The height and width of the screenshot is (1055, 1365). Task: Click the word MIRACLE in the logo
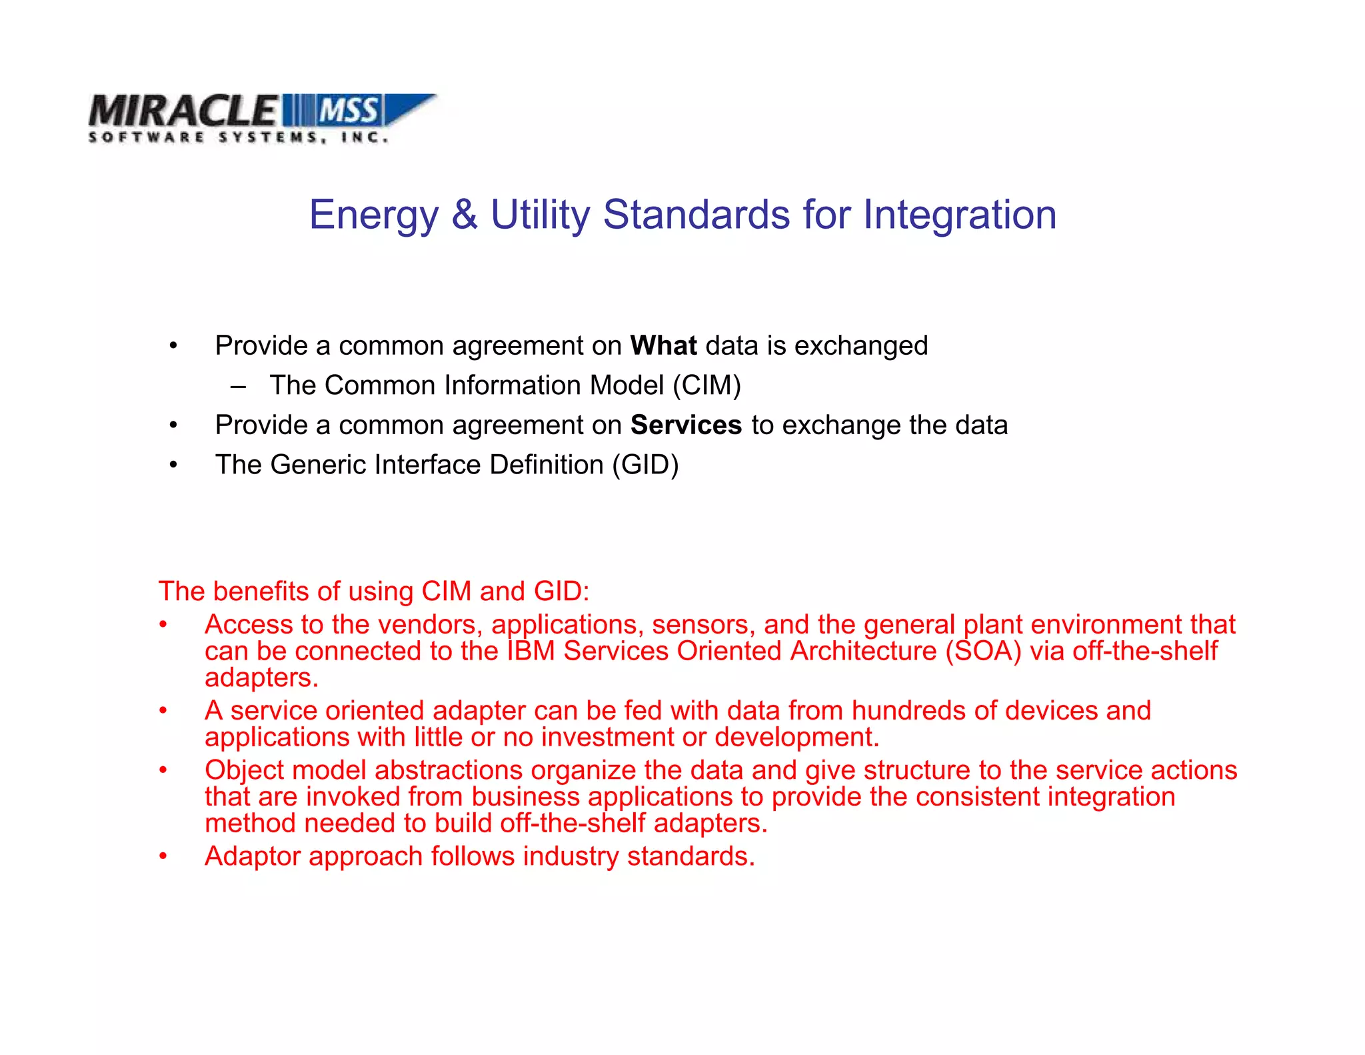[182, 111]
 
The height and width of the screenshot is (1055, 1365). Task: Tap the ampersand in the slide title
[465, 215]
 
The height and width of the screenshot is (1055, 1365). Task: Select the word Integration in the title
[959, 215]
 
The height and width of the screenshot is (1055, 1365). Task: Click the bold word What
[663, 345]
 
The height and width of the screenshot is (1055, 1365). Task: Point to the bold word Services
[686, 425]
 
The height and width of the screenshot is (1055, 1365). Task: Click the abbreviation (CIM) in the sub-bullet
[706, 385]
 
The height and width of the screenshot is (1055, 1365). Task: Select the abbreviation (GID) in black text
[645, 465]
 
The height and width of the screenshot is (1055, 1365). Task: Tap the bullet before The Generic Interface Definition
[173, 465]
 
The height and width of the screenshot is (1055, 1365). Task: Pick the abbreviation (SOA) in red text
[983, 651]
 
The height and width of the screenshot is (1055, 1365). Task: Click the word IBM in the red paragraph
[531, 651]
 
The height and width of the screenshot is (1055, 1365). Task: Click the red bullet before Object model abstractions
[163, 770]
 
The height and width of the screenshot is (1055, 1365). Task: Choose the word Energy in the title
[373, 215]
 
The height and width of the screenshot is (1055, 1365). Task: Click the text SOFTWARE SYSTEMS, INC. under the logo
[238, 137]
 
